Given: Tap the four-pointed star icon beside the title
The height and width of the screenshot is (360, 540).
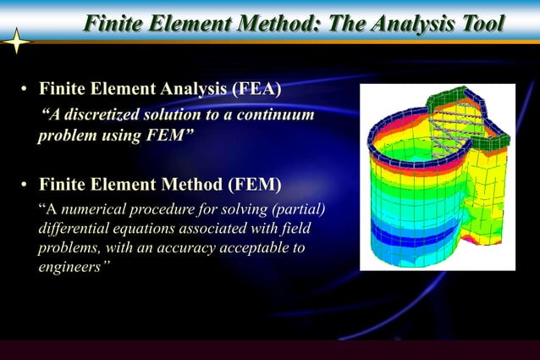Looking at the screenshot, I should tap(16, 42).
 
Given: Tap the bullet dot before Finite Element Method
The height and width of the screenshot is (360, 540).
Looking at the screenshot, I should tap(26, 186).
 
